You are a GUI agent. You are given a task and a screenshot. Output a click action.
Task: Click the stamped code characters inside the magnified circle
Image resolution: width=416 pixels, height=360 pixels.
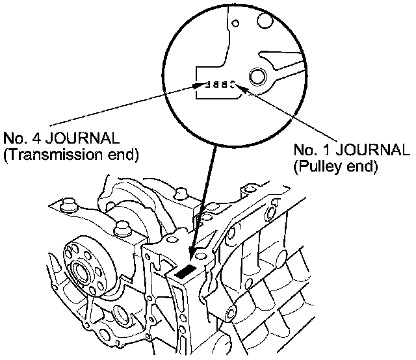pos(218,84)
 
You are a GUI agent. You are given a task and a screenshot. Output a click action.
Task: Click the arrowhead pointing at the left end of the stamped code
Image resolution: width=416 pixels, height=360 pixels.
pos(200,85)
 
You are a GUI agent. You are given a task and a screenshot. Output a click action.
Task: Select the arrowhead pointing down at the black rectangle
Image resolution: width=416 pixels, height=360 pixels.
pos(191,255)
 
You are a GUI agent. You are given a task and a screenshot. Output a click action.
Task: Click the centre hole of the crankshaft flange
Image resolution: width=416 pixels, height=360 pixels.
pos(81,272)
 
